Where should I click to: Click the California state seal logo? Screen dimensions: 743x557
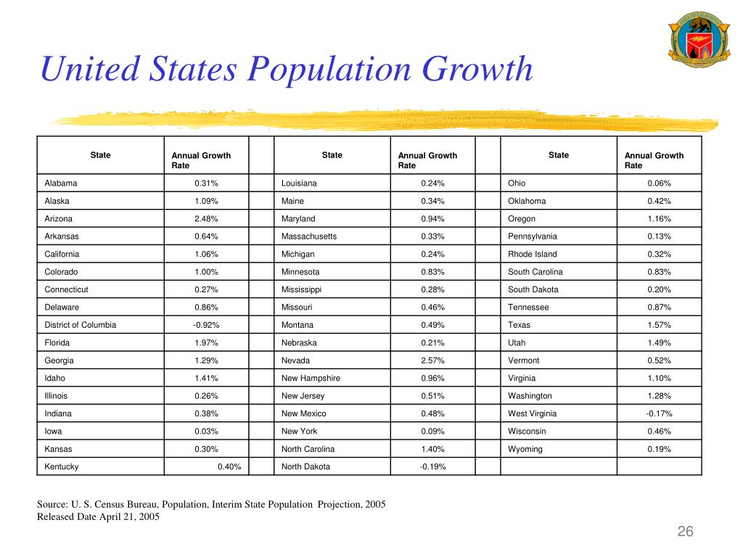699,39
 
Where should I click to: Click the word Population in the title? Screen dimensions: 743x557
329,70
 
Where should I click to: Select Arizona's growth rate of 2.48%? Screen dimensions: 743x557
206,219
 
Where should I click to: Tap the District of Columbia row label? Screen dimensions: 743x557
80,325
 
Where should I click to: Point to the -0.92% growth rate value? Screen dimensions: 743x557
206,325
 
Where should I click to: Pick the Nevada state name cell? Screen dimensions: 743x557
295,360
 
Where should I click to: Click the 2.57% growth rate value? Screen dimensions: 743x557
432,360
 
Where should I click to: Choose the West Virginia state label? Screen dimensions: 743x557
532,413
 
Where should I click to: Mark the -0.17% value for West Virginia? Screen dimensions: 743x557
659,413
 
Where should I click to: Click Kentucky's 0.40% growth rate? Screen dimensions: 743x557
229,466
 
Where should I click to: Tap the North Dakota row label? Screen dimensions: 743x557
305,466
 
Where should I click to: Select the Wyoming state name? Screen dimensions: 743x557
525,449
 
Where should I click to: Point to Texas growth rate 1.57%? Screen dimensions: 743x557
659,325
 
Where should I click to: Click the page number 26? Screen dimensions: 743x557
685,532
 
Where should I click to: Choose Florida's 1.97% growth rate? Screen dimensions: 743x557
206,342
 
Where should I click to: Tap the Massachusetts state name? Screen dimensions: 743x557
309,236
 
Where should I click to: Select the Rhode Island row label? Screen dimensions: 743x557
532,254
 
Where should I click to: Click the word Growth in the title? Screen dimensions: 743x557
477,69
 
